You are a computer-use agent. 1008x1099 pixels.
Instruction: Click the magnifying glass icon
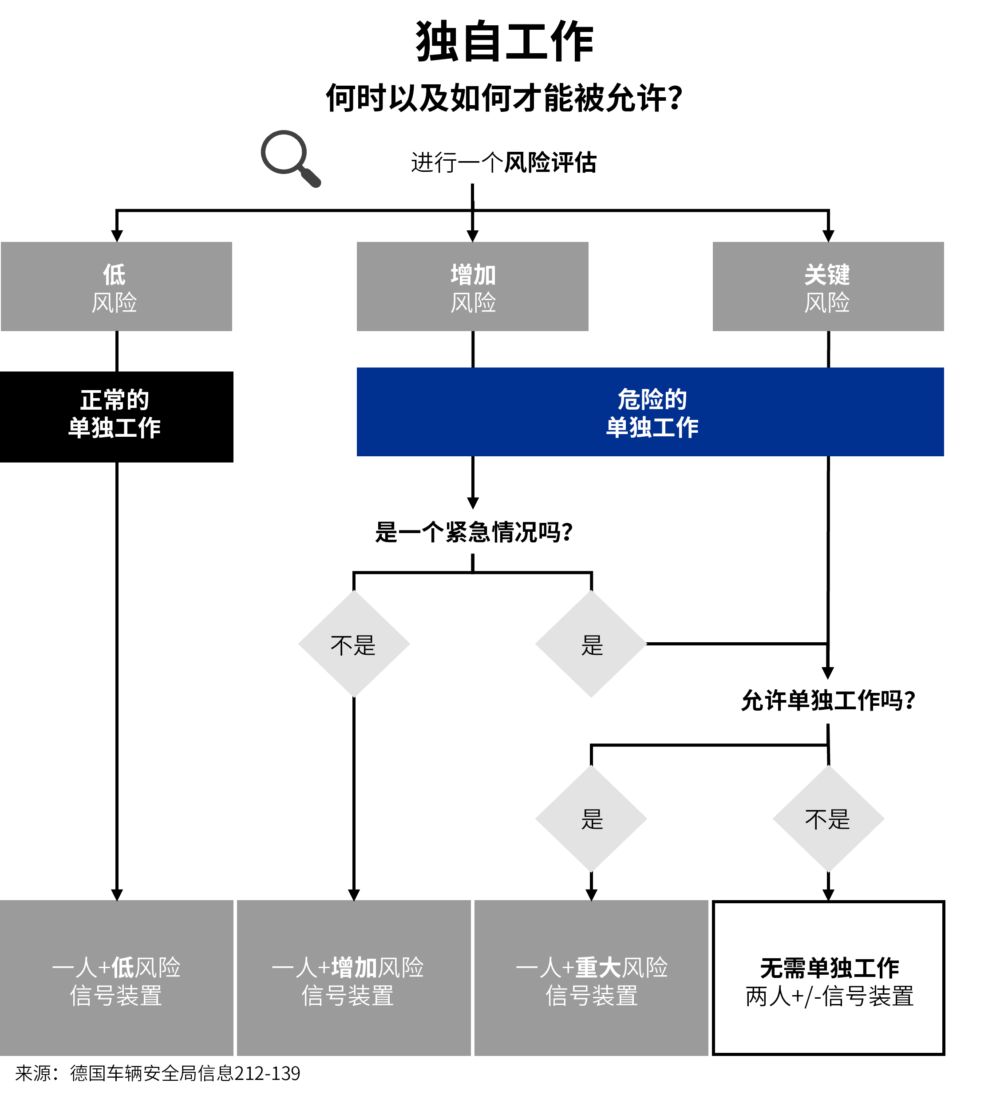pyautogui.click(x=289, y=158)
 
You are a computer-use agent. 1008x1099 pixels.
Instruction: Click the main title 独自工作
pyautogui.click(x=504, y=42)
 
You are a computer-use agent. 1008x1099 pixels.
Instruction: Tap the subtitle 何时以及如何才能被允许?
pyautogui.click(x=504, y=99)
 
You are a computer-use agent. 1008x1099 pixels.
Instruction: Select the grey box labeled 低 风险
pyautogui.click(x=116, y=287)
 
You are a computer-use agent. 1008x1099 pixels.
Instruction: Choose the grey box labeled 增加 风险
pyautogui.click(x=472, y=287)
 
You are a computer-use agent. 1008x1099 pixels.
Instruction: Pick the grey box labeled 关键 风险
pyautogui.click(x=827, y=287)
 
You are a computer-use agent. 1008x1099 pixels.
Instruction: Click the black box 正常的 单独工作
pyautogui.click(x=116, y=417)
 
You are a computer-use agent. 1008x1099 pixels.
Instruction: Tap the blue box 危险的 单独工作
pyautogui.click(x=650, y=412)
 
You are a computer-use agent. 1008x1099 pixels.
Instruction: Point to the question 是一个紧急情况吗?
pyautogui.click(x=474, y=532)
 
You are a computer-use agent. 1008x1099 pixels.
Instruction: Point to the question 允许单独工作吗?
pyautogui.click(x=827, y=701)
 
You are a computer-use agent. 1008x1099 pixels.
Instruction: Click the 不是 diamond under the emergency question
pyautogui.click(x=354, y=644)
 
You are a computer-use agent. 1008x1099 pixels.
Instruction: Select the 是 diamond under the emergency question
pyautogui.click(x=591, y=644)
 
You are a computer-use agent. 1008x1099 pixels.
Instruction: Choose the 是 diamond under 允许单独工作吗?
pyautogui.click(x=591, y=818)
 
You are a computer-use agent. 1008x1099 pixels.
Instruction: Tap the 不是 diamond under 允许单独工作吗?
pyautogui.click(x=828, y=818)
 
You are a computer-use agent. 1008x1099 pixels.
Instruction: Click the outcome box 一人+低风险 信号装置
pyautogui.click(x=116, y=980)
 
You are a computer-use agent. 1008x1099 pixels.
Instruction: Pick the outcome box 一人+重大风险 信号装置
pyautogui.click(x=591, y=980)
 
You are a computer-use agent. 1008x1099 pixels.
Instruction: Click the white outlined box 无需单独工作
pyautogui.click(x=828, y=980)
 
